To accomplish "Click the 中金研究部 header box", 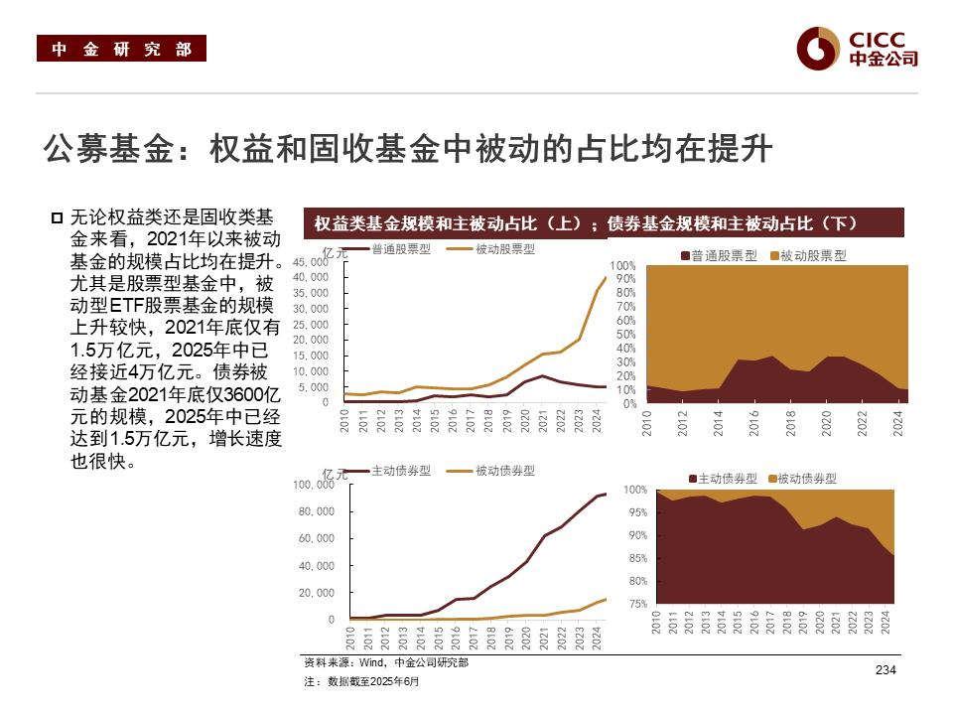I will (x=121, y=49).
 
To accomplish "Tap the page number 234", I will (x=885, y=671).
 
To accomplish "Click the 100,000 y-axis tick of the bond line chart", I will (x=312, y=486).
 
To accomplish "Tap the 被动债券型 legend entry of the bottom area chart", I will (x=804, y=479).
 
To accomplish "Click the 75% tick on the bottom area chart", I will (x=637, y=604).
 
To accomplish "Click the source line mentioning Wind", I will (x=386, y=662).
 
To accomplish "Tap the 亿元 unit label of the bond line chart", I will (x=336, y=475).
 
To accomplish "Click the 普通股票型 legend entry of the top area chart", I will (x=714, y=256).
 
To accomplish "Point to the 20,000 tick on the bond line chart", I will (x=316, y=593).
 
